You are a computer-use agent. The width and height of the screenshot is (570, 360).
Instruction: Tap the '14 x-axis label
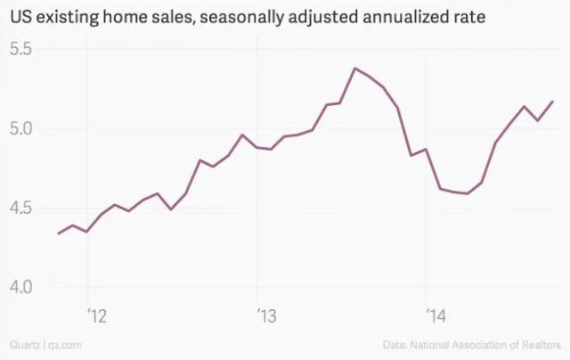pos(436,315)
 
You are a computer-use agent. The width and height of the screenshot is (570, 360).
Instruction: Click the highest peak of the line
pos(355,68)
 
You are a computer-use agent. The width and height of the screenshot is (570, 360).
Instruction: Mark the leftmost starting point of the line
pos(58,233)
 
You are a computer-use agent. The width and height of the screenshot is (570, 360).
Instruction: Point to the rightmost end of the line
pos(553,102)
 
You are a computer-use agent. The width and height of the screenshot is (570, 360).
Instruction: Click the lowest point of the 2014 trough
pos(468,193)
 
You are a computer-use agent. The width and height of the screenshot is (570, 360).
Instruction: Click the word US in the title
pos(20,17)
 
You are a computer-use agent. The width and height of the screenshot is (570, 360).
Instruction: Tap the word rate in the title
pos(469,17)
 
